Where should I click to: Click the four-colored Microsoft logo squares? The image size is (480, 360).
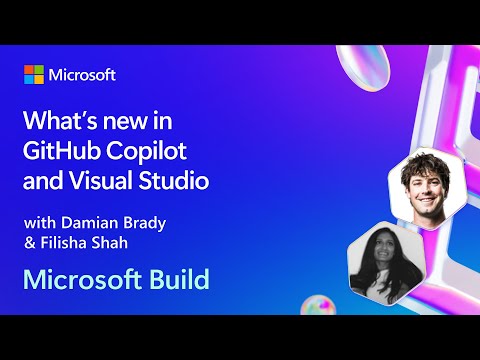tap(34, 75)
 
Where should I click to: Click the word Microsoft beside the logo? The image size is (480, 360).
tap(83, 75)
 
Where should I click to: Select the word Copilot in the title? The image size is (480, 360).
tap(151, 153)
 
